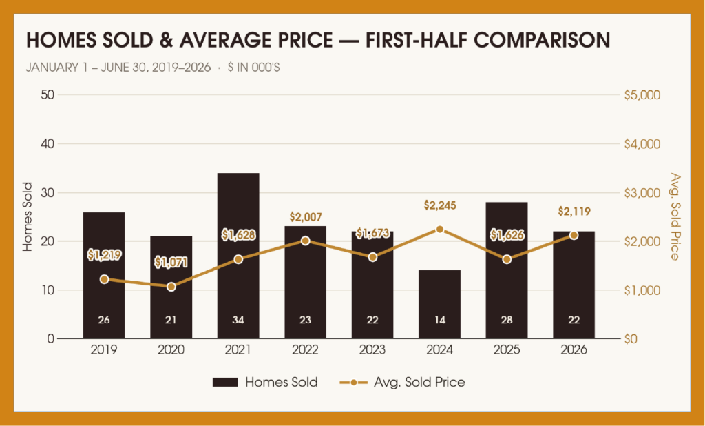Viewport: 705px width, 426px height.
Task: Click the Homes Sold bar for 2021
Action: (x=238, y=255)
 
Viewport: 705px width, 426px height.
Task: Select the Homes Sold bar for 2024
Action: (x=440, y=305)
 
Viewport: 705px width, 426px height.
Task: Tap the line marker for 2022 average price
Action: (x=305, y=241)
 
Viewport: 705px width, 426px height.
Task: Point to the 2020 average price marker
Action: (x=171, y=286)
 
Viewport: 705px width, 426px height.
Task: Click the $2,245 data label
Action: (x=440, y=206)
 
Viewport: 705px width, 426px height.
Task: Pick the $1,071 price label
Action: (x=171, y=262)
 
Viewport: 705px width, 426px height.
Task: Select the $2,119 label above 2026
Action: (x=574, y=211)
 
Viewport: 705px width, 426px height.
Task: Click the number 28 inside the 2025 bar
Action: (x=507, y=320)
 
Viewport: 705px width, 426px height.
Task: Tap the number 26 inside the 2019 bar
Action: (x=104, y=320)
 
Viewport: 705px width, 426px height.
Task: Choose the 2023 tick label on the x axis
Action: (x=372, y=350)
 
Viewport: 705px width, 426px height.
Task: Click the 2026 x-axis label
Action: (x=574, y=350)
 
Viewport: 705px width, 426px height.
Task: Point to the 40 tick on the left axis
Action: (x=48, y=144)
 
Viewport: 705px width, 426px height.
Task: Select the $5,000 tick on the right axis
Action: (x=642, y=95)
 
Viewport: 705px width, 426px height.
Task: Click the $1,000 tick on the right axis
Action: (x=642, y=290)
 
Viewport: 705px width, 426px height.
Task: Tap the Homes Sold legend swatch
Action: (x=225, y=383)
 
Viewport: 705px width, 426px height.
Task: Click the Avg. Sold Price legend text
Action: (x=419, y=383)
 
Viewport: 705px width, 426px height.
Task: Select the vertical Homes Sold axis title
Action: (x=28, y=216)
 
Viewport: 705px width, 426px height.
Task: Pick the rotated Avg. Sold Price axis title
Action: (x=675, y=216)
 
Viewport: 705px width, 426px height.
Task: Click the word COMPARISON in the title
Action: (x=543, y=39)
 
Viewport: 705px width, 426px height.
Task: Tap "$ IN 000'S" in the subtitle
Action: (x=253, y=68)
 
